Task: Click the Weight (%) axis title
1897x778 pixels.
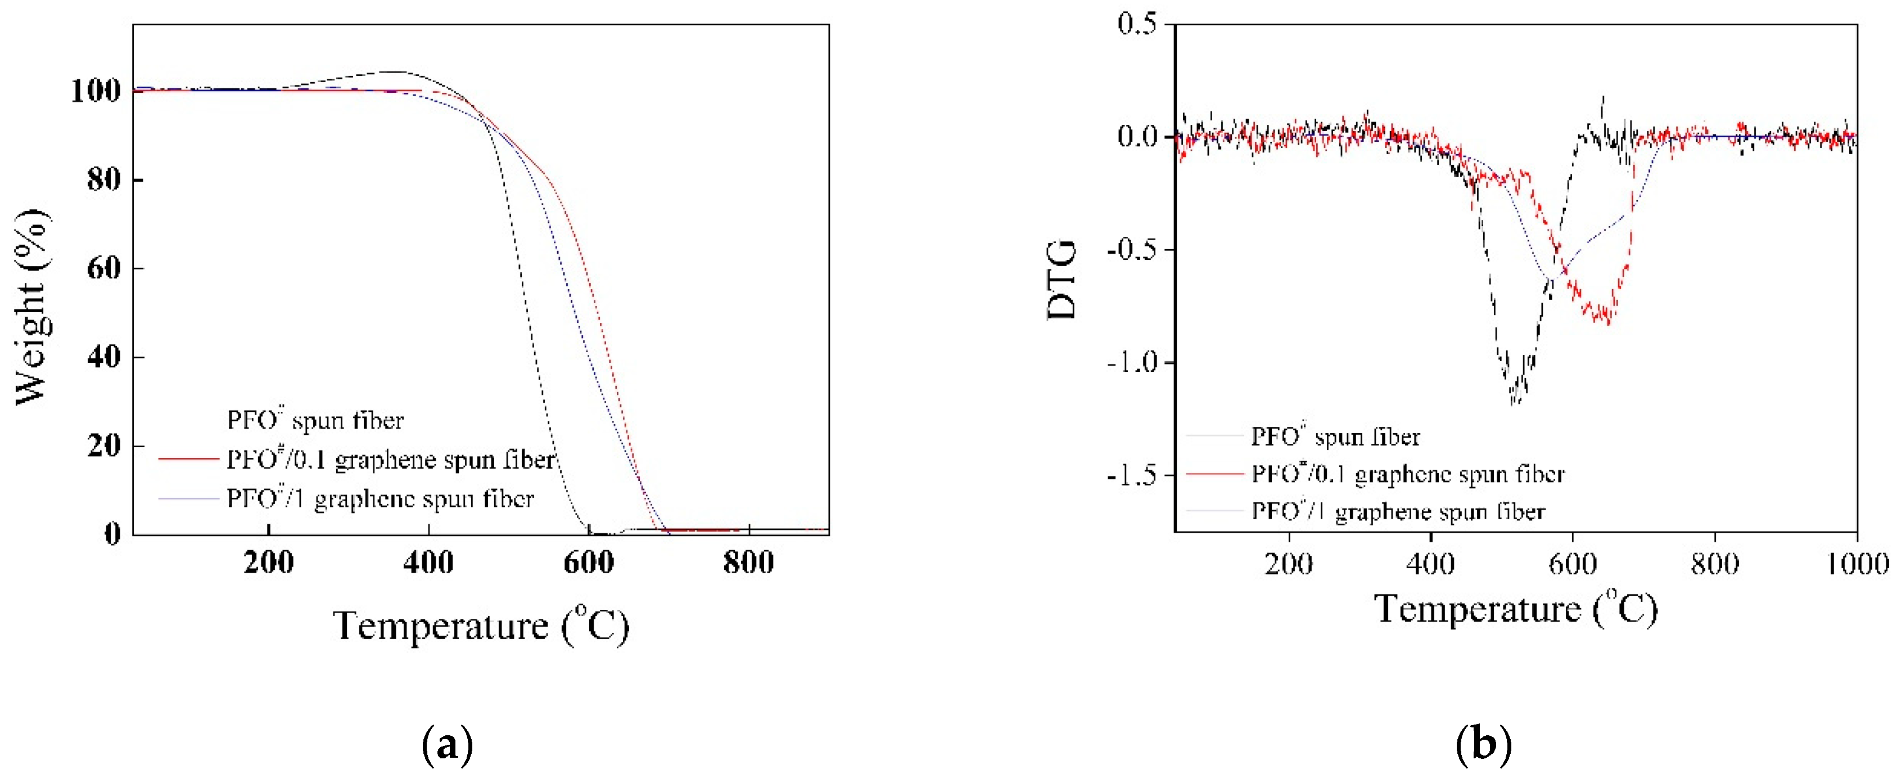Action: [x=31, y=306]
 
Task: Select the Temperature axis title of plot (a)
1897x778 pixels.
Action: [x=481, y=626]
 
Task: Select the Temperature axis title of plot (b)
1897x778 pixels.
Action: [x=1516, y=609]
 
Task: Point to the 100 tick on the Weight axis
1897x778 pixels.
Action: [x=95, y=91]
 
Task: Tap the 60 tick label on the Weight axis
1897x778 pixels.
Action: [x=104, y=268]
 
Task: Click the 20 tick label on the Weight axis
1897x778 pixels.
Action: [x=104, y=446]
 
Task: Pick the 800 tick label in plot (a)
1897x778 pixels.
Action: [x=748, y=564]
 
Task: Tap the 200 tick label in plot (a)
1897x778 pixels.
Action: [x=269, y=564]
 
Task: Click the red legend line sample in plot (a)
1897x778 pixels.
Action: [x=188, y=459]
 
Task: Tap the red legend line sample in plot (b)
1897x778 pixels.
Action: [x=1214, y=474]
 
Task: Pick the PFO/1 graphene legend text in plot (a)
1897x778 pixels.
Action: [x=380, y=499]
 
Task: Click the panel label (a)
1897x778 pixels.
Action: [x=447, y=745]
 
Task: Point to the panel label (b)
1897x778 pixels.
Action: [x=1483, y=745]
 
